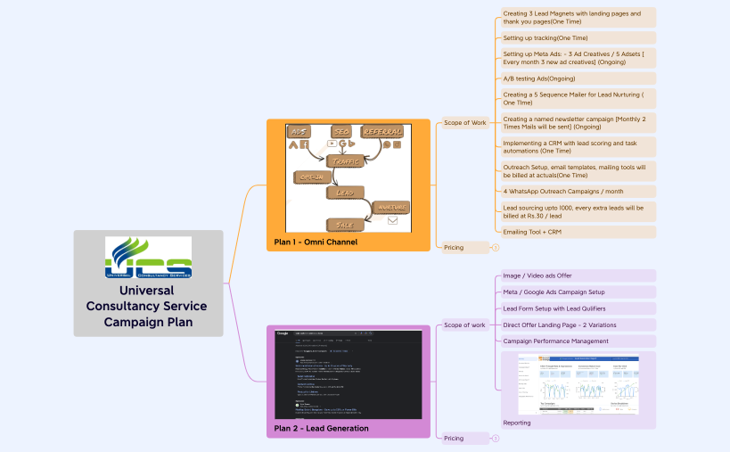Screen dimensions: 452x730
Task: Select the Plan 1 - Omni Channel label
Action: pyautogui.click(x=316, y=242)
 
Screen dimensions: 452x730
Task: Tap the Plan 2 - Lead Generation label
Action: pyautogui.click(x=322, y=428)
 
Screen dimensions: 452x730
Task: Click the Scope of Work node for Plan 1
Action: pyautogui.click(x=465, y=122)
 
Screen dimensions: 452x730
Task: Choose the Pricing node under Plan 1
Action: pyautogui.click(x=454, y=247)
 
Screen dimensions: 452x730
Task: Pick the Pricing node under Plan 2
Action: pyautogui.click(x=454, y=438)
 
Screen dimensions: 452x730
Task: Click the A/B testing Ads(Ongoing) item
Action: pyautogui.click(x=539, y=78)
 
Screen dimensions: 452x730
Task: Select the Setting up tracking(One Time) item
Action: pyautogui.click(x=545, y=38)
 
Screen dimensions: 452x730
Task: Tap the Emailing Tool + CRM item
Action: pyautogui.click(x=532, y=232)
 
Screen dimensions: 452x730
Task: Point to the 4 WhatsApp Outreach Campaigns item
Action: pyautogui.click(x=563, y=191)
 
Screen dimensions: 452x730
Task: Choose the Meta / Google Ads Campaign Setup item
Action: pyautogui.click(x=554, y=292)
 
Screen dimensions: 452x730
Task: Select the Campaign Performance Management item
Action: pyautogui.click(x=556, y=341)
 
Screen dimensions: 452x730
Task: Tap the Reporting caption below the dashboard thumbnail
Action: pyautogui.click(x=517, y=423)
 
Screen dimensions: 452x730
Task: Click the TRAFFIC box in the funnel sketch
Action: pyautogui.click(x=346, y=161)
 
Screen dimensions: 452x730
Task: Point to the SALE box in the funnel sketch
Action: pyautogui.click(x=345, y=225)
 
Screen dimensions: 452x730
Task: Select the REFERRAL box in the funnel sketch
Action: pyautogui.click(x=381, y=132)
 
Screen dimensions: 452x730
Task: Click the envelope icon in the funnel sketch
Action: pyautogui.click(x=392, y=220)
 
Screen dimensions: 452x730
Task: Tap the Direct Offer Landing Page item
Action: pyautogui.click(x=560, y=325)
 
